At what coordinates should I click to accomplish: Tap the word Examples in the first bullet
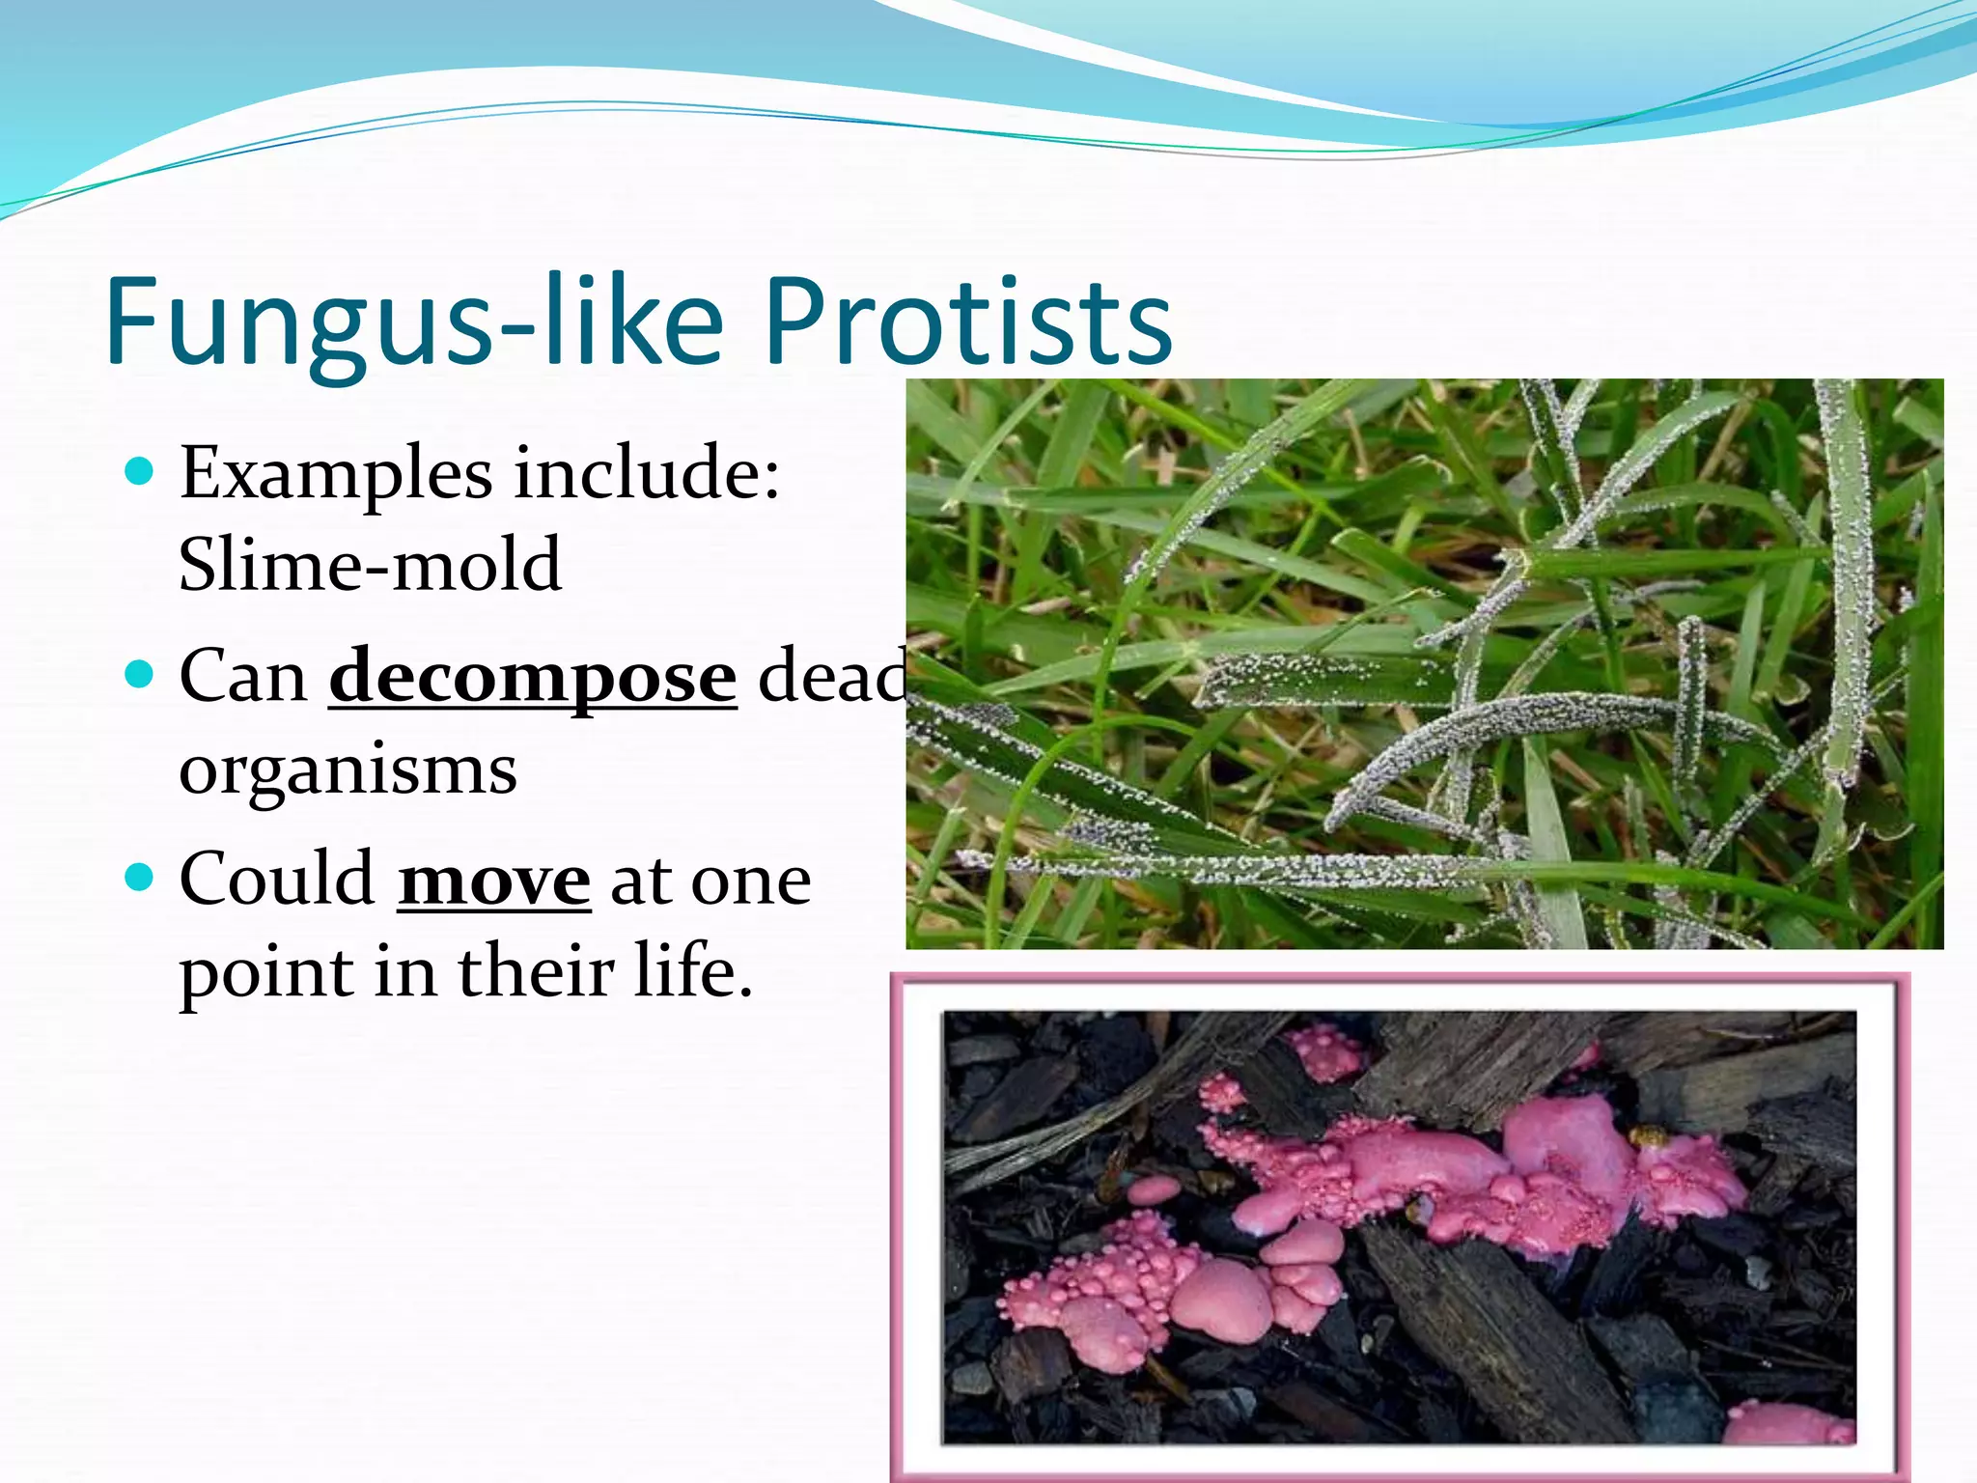click(x=335, y=475)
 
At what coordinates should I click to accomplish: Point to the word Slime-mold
click(x=370, y=565)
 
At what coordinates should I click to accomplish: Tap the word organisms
click(x=348, y=769)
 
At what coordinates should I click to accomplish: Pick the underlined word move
click(x=493, y=881)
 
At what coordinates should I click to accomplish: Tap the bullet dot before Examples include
click(x=140, y=471)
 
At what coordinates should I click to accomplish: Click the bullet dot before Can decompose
click(x=140, y=673)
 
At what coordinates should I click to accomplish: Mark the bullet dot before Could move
click(x=140, y=877)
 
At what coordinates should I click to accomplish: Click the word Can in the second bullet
click(x=243, y=676)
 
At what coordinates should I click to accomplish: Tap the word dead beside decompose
click(x=832, y=676)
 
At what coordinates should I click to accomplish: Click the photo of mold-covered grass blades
click(x=1424, y=663)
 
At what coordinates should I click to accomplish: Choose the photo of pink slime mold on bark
click(x=1399, y=1226)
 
